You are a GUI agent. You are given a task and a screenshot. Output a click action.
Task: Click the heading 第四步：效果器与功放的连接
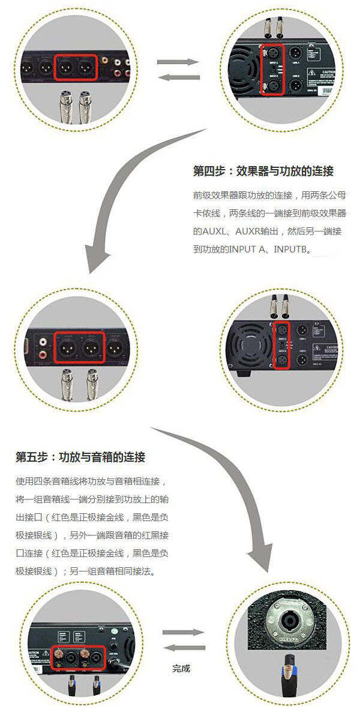(x=263, y=172)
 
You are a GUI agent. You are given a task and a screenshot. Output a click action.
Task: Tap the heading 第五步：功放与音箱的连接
(x=80, y=457)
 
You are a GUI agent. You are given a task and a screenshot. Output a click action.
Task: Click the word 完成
(x=181, y=668)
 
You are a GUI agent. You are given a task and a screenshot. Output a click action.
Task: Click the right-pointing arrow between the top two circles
(x=177, y=62)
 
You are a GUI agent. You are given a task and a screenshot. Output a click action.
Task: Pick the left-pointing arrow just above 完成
(x=184, y=647)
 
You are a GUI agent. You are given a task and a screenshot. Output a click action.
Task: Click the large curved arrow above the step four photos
(x=129, y=198)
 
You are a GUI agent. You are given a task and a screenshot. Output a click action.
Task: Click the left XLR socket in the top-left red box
(x=65, y=67)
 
